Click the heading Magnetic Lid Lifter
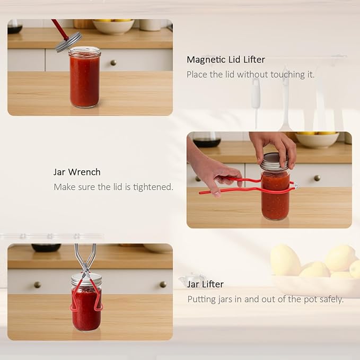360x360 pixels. pyautogui.click(x=226, y=60)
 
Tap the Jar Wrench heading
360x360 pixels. pyautogui.click(x=77, y=172)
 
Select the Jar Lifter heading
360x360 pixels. pyautogui.click(x=205, y=285)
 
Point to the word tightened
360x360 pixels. pyautogui.click(x=153, y=187)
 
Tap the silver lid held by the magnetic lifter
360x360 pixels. pyautogui.click(x=68, y=42)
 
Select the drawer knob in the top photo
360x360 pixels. pyautogui.click(x=113, y=63)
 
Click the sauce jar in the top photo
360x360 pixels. pyautogui.click(x=85, y=77)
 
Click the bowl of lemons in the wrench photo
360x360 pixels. pyautogui.click(x=317, y=139)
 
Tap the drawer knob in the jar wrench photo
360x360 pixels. pyautogui.click(x=317, y=178)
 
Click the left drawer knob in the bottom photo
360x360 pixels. pyautogui.click(x=37, y=285)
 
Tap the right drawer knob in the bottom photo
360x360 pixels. pyautogui.click(x=163, y=284)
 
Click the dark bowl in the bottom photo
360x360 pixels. pyautogui.click(x=46, y=248)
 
